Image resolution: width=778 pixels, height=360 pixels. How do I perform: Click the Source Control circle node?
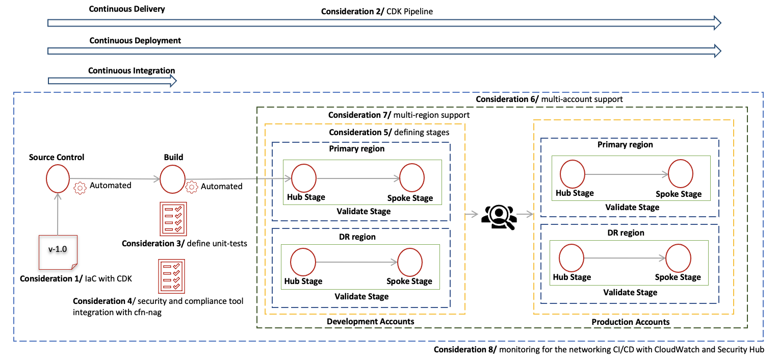tap(57, 178)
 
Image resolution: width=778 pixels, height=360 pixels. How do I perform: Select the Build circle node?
tap(172, 179)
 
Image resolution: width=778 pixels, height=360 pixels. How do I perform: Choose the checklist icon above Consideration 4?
tap(172, 276)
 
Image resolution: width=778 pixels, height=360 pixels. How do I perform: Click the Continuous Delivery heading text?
tap(127, 9)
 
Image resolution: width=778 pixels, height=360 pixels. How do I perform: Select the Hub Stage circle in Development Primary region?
tap(304, 178)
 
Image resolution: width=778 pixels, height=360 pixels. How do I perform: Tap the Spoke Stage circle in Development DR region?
tap(410, 262)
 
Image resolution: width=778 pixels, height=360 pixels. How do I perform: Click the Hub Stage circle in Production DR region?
tap(572, 259)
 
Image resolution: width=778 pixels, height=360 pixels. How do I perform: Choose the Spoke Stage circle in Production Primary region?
tap(681, 174)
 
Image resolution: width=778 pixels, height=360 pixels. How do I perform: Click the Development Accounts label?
tap(363, 321)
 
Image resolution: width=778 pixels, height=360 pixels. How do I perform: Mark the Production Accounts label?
tap(631, 322)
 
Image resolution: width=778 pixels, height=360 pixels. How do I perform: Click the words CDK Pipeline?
tap(411, 11)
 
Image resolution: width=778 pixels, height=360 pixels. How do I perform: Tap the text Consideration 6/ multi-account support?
tap(549, 99)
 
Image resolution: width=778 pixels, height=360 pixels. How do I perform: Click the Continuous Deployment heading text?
tap(135, 40)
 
